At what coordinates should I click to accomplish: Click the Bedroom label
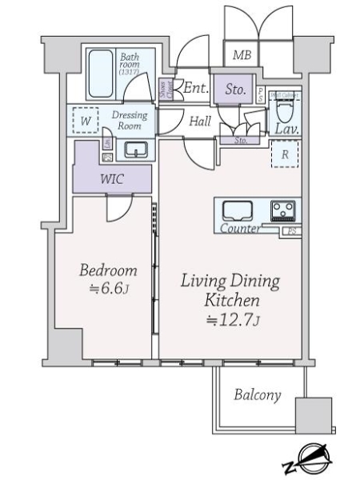108,270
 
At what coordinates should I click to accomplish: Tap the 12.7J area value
232,322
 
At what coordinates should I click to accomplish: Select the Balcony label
258,394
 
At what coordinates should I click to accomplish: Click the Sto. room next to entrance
234,89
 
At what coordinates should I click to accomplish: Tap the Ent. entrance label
196,88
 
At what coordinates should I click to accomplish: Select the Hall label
200,122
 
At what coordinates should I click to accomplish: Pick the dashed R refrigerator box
284,154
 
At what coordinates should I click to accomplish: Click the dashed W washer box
85,120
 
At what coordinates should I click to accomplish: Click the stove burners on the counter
282,210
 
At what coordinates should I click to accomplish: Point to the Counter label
239,229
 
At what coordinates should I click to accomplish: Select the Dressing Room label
130,120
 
